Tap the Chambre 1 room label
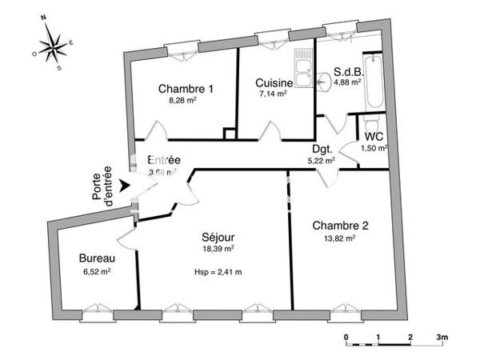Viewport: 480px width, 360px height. (x=186, y=88)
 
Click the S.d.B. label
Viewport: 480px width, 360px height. (x=349, y=69)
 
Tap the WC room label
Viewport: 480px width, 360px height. (x=374, y=135)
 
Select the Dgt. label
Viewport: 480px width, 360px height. (x=322, y=147)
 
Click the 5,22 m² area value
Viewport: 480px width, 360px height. (x=321, y=159)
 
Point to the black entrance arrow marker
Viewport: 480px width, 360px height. (x=123, y=186)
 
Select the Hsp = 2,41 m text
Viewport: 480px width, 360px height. (x=218, y=271)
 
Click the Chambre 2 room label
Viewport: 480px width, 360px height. (x=340, y=226)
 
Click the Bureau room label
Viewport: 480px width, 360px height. (x=97, y=258)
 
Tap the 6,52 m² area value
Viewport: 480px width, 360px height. (x=97, y=271)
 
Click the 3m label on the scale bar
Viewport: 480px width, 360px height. (x=442, y=337)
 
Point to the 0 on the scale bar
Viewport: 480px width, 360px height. (x=346, y=337)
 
